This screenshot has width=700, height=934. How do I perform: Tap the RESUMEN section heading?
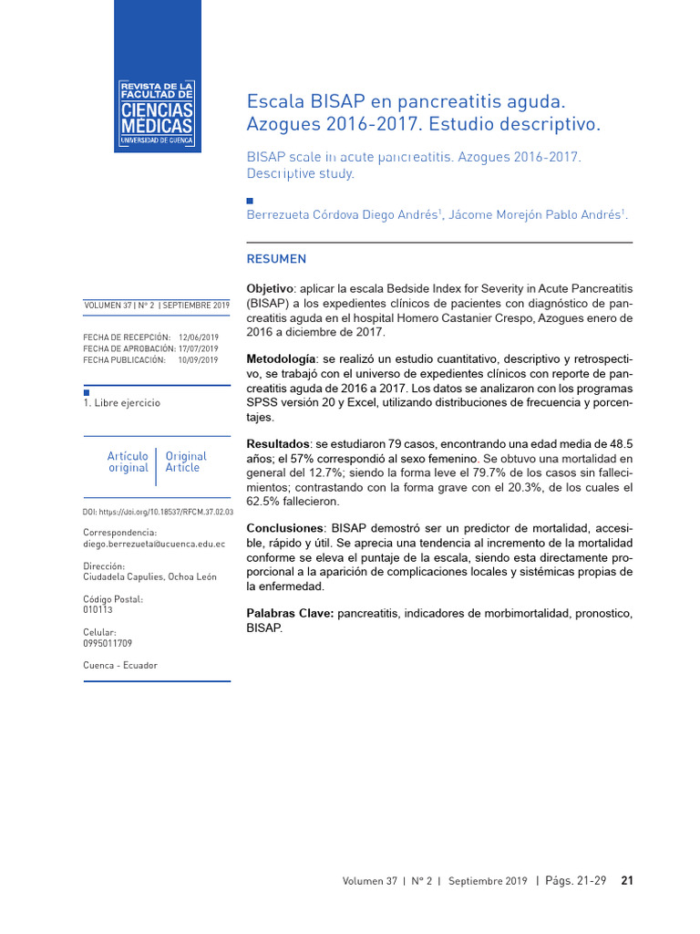(277, 259)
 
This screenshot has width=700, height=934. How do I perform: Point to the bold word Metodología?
(282, 358)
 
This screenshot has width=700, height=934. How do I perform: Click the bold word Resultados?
(278, 443)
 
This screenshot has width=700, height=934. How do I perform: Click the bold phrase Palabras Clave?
(290, 614)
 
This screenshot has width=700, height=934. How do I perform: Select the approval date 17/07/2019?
(199, 348)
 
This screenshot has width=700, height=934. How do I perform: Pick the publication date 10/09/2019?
(199, 360)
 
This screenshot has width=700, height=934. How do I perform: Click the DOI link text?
(158, 513)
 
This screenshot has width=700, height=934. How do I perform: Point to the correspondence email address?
(153, 544)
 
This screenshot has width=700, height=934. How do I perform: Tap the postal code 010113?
(98, 609)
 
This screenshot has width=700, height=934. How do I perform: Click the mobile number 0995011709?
(107, 642)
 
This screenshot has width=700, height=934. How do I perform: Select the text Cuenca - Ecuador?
(119, 665)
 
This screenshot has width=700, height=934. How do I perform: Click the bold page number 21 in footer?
(627, 881)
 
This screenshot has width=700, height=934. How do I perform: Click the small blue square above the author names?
(251, 200)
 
